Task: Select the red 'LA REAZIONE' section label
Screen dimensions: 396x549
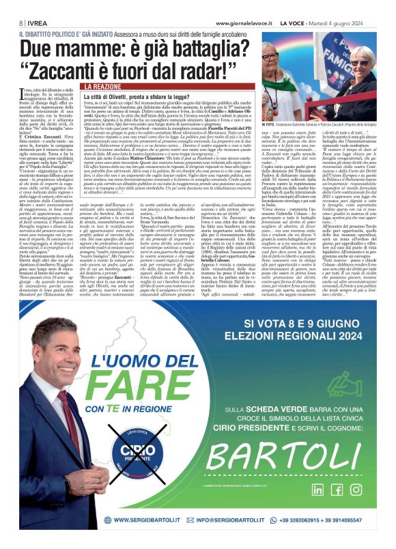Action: pyautogui.click(x=102, y=87)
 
